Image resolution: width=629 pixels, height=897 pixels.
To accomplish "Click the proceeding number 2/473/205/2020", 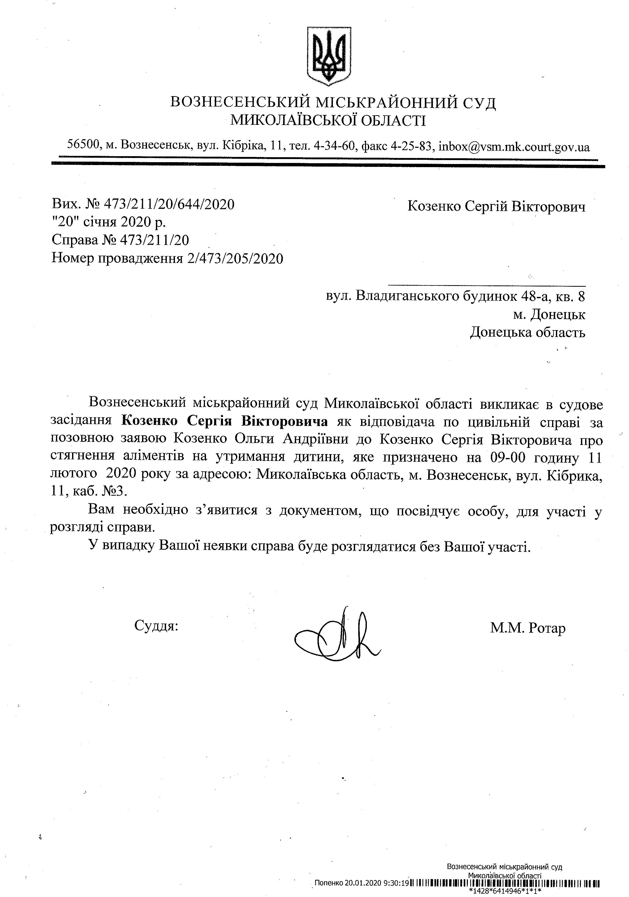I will coord(235,258).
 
